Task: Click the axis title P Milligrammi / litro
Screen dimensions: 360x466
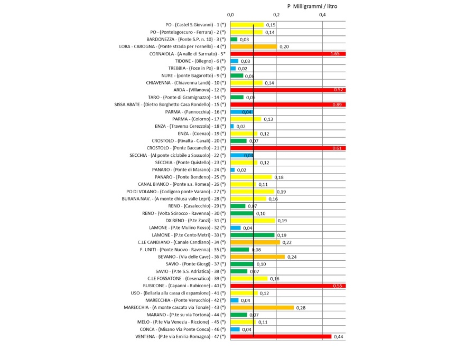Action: (x=312, y=6)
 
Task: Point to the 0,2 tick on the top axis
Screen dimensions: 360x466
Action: (x=276, y=15)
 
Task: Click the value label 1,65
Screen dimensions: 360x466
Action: (x=334, y=54)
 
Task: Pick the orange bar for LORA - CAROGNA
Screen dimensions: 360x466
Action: (x=254, y=46)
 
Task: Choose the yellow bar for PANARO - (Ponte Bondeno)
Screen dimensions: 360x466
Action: (x=251, y=177)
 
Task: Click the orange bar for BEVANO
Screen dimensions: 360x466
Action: (x=258, y=257)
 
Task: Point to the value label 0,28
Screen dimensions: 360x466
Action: (x=301, y=307)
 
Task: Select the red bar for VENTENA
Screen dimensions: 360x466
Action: (x=281, y=336)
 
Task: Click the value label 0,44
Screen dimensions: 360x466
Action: (x=339, y=336)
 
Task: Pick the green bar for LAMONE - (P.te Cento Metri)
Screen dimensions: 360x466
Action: (x=253, y=235)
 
